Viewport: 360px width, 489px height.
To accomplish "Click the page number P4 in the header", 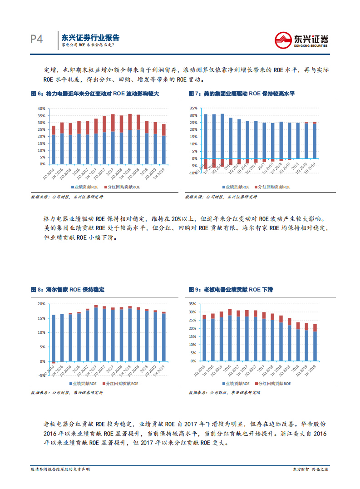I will click(36, 40).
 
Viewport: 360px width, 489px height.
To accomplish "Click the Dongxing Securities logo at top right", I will click(302, 40).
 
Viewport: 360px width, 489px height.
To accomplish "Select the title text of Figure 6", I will click(95, 94).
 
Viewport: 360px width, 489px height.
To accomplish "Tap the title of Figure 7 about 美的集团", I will click(242, 94).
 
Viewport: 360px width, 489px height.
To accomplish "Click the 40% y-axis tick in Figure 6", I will click(41, 109).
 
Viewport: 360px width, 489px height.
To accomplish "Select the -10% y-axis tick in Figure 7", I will click(193, 173).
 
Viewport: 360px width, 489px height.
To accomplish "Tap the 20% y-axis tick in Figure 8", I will click(41, 304).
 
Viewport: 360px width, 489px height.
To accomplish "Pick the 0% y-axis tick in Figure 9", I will click(193, 361).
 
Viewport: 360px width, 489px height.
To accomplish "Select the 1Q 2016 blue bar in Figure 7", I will click(205, 136).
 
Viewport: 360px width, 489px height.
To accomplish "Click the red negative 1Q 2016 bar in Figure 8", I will click(54, 362).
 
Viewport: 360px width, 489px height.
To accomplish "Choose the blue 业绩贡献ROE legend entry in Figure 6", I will click(85, 187).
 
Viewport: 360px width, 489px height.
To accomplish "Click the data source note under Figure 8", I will click(67, 393).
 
